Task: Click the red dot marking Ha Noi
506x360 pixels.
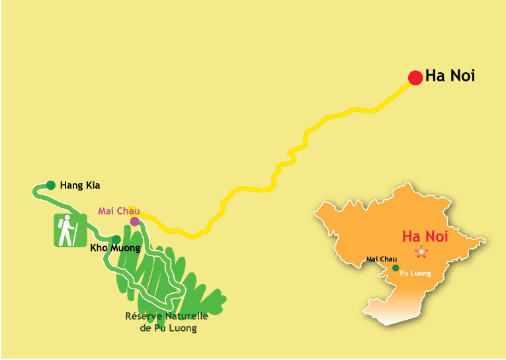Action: pos(415,78)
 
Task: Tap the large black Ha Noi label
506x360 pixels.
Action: pos(450,76)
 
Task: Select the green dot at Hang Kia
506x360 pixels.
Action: pos(51,185)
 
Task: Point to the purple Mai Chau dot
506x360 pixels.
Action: pos(135,222)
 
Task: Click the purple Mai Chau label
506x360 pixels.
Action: pos(115,211)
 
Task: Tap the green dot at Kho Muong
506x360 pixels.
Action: pos(116,240)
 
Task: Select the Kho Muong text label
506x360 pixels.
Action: pos(115,249)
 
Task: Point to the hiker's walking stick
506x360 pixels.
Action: pos(79,232)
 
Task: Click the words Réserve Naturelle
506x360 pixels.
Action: pos(166,316)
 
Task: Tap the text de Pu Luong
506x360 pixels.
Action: pos(169,328)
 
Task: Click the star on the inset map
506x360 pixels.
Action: pos(421,252)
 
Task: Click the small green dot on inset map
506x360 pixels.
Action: pos(396,268)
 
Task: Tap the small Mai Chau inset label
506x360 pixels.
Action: pos(380,259)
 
